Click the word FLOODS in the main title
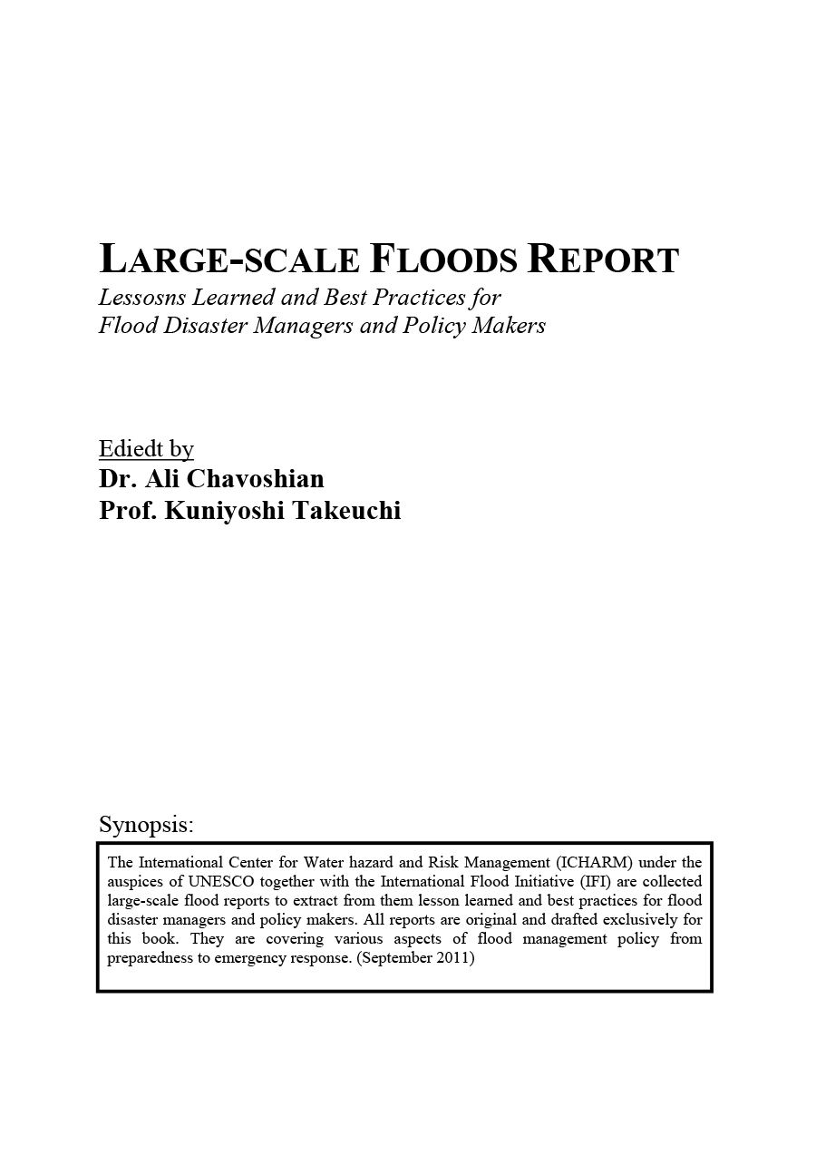(x=443, y=260)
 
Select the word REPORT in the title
(x=603, y=260)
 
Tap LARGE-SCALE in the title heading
(x=229, y=260)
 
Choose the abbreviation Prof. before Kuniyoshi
(x=128, y=511)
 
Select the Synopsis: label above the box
(x=146, y=825)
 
